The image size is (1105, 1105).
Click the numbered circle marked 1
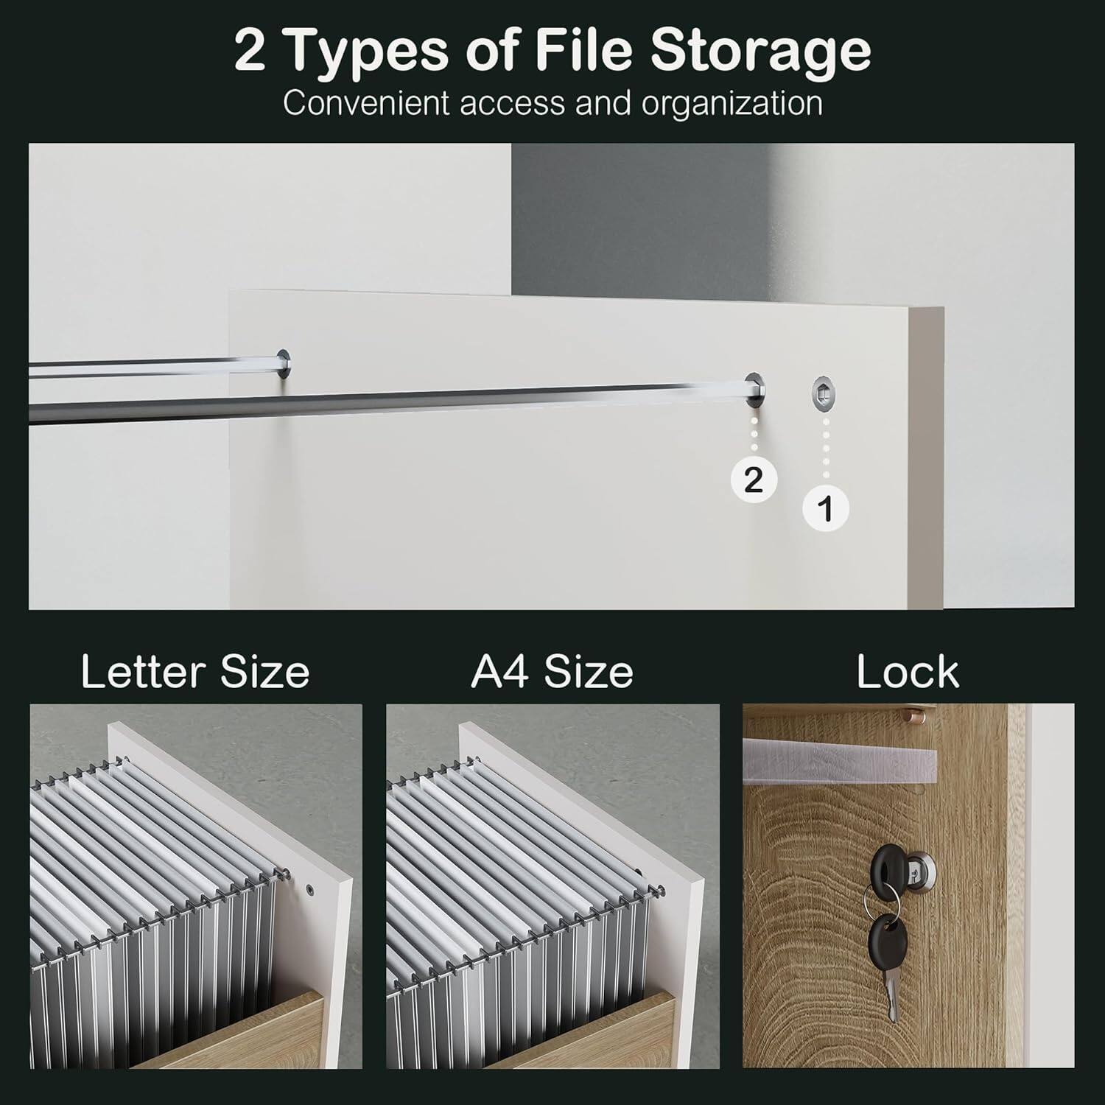826,508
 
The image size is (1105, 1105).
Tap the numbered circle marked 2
753,480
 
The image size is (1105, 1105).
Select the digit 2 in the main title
250,49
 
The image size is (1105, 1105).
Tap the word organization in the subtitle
732,105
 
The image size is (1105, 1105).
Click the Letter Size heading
195,672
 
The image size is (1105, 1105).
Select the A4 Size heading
552,672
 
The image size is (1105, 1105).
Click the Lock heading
908,672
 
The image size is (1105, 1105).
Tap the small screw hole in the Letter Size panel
310,889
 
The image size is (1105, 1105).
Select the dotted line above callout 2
753,435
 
